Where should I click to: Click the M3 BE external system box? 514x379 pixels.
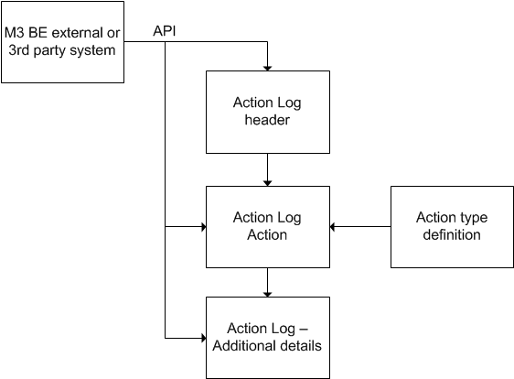62,42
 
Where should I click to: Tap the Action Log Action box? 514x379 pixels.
266,226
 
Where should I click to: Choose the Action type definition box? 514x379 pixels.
451,226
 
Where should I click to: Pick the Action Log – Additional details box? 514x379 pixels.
266,338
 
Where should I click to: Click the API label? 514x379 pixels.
166,31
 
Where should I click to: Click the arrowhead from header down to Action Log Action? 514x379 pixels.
267,181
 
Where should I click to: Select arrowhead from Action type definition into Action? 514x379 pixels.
333,226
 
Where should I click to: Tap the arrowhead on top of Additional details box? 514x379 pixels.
267,293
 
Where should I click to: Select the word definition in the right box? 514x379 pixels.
451,234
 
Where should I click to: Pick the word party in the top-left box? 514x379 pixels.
52,50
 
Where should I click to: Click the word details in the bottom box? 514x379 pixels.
297,346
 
